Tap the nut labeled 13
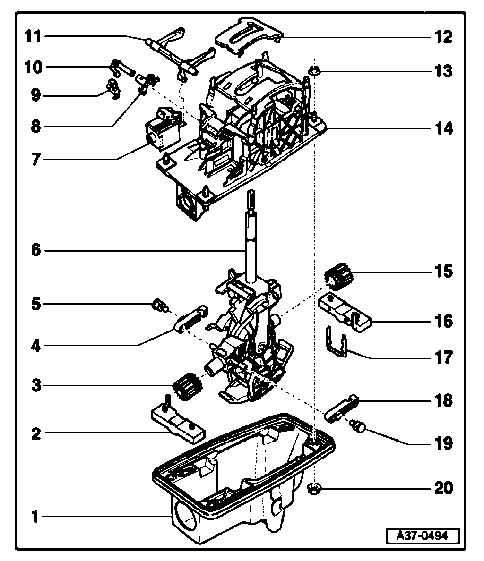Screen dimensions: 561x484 tap(313, 72)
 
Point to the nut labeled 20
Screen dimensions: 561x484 tap(313, 488)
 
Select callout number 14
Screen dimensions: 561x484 tap(442, 128)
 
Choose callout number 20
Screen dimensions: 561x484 tap(442, 487)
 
